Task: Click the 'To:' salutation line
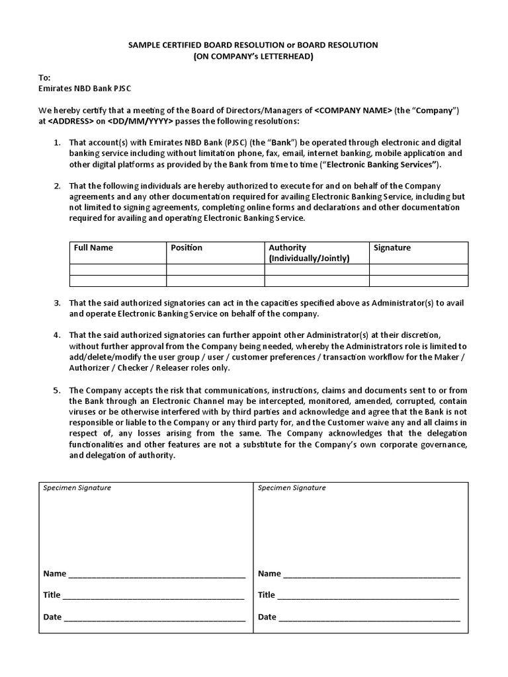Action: click(x=44, y=77)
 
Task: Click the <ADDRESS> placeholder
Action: click(x=69, y=122)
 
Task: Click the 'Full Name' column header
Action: click(x=93, y=248)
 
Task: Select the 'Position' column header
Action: click(x=187, y=248)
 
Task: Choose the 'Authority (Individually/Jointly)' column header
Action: click(x=309, y=253)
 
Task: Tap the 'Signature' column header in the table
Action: click(x=392, y=248)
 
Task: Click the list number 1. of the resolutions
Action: click(x=58, y=143)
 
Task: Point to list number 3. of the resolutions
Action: click(x=58, y=303)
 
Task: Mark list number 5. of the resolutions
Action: click(x=58, y=390)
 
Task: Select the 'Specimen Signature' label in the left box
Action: click(x=77, y=488)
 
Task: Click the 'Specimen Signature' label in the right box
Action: click(x=292, y=488)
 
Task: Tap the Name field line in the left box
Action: click(x=155, y=574)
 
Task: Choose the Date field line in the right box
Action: click(x=368, y=617)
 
